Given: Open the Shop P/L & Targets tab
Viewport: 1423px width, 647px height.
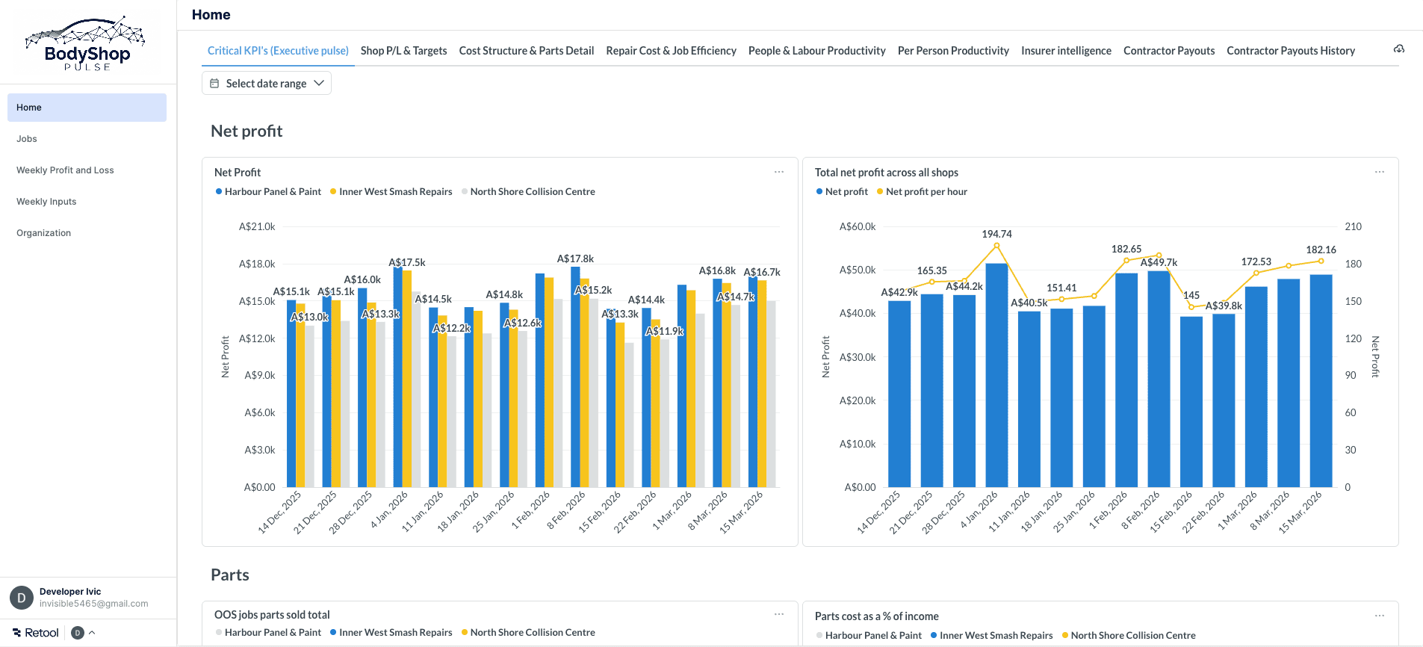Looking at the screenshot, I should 403,51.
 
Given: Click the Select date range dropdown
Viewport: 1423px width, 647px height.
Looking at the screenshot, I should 267,83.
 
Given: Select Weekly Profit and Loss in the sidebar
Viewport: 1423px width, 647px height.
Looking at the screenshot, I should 65,170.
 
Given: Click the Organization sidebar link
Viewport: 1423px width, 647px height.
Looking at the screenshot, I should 43,233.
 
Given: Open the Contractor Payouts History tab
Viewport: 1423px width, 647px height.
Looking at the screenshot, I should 1290,51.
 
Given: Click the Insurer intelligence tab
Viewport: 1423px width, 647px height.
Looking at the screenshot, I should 1066,51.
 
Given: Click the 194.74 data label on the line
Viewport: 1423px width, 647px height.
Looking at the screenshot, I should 996,234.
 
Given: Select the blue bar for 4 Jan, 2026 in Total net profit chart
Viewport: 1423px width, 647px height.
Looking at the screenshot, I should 996,374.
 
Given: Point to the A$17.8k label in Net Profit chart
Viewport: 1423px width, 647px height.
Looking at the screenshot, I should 575,259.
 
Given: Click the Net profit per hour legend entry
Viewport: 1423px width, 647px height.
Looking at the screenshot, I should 926,192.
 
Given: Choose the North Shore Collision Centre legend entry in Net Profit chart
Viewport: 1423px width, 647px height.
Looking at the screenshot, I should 532,192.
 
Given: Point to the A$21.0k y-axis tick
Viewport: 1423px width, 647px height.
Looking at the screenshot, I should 257,226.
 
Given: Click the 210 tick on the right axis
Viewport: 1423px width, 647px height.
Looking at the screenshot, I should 1353,226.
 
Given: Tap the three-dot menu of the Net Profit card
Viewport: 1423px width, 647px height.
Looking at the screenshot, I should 779,172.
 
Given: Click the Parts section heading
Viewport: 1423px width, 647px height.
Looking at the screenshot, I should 230,575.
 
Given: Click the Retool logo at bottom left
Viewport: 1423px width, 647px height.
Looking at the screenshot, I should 36,633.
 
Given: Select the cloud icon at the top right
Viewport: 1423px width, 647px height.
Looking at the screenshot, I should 1398,49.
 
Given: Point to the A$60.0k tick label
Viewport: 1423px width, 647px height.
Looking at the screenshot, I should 858,226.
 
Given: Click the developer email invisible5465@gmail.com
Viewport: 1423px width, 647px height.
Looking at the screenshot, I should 93,604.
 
